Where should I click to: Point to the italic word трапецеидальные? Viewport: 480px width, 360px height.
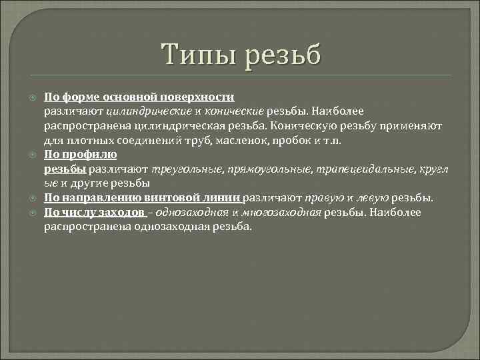(x=361, y=169)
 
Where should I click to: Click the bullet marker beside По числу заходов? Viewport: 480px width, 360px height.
(x=33, y=212)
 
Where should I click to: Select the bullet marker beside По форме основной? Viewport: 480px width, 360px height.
(x=33, y=97)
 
